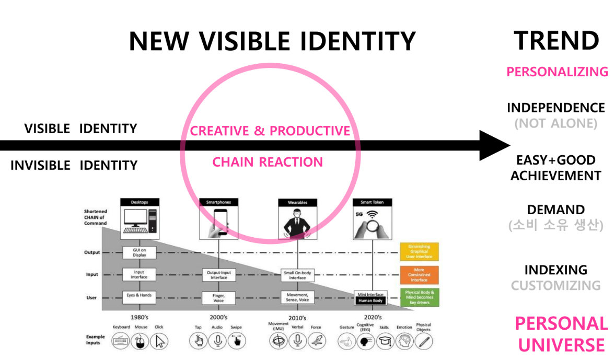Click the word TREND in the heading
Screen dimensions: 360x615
556,41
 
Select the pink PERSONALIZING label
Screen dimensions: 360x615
557,71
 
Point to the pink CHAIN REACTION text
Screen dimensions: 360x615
268,162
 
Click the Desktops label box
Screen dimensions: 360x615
139,202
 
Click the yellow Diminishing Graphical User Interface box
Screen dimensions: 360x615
419,252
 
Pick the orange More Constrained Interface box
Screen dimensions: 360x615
419,274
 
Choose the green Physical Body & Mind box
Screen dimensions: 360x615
419,297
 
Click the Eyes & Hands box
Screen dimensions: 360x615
139,296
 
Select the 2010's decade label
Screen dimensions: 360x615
297,318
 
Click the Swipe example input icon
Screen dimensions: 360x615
237,341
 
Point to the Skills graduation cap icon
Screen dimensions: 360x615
384,342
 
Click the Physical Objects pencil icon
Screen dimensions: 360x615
424,342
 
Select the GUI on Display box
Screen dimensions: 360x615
139,252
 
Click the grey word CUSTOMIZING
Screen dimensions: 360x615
555,285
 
